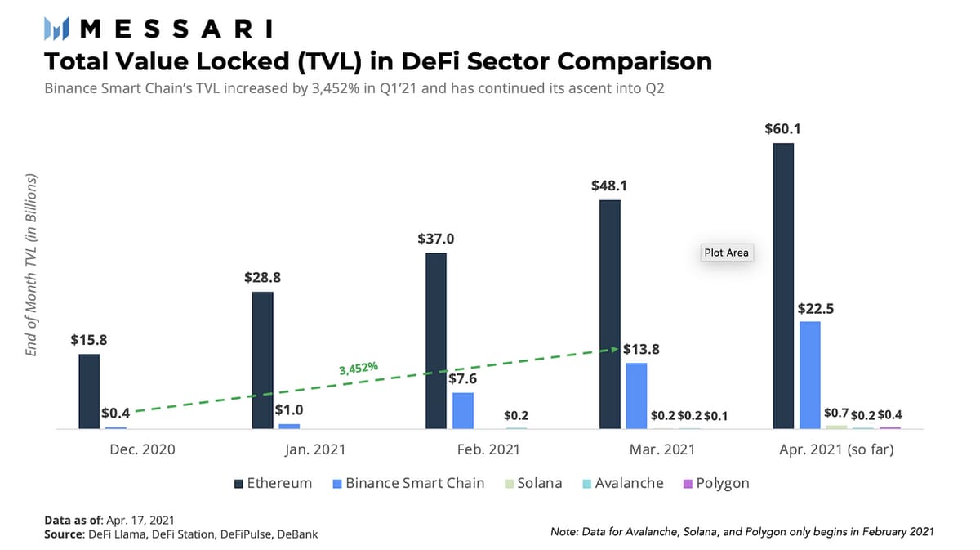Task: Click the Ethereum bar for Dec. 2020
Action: pyautogui.click(x=89, y=391)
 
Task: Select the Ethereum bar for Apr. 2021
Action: pyautogui.click(x=783, y=286)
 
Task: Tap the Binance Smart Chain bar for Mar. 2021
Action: pyautogui.click(x=636, y=396)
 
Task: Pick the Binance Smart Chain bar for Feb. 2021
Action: pyautogui.click(x=463, y=410)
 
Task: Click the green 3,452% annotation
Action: pyautogui.click(x=359, y=369)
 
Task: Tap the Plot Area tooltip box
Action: pyautogui.click(x=726, y=253)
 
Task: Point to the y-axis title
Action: pyautogui.click(x=33, y=264)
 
